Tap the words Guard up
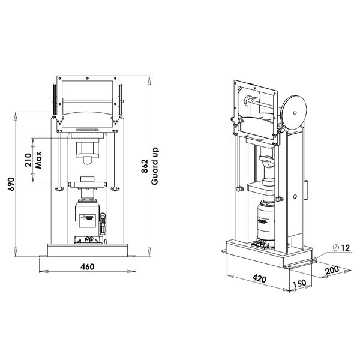click(155, 166)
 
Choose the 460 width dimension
click(87, 266)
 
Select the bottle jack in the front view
click(88, 219)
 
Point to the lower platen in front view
click(88, 183)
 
